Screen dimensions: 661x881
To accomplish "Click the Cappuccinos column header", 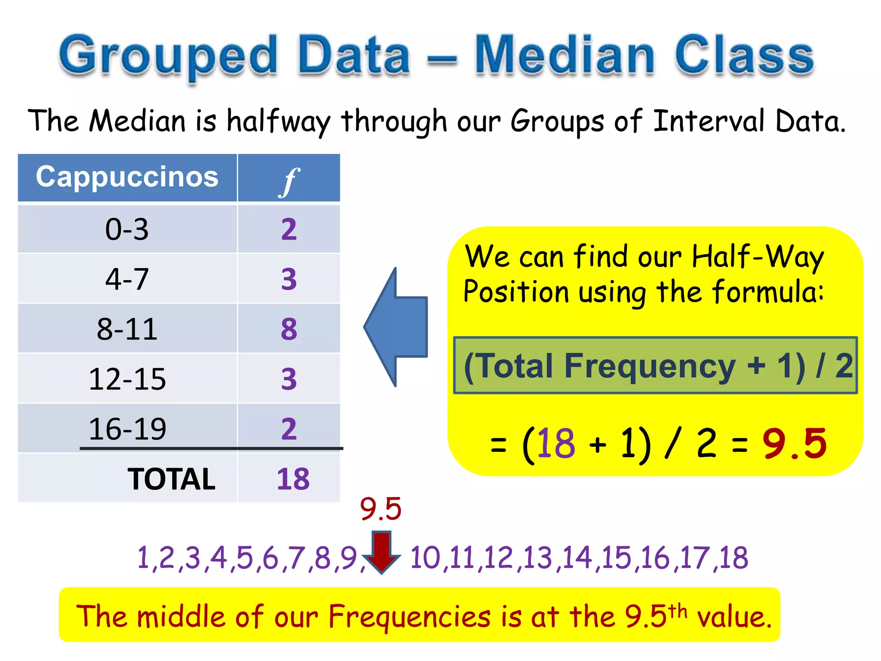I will click(127, 177).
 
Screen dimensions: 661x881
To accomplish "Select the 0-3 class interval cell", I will click(127, 229).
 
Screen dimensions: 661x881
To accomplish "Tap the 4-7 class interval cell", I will click(127, 279).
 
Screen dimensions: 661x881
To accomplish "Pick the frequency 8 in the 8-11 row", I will click(289, 329).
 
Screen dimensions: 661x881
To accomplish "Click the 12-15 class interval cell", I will click(127, 379).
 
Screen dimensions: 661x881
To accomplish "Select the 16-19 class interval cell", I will click(127, 429).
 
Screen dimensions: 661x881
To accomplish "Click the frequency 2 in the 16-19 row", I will click(289, 429).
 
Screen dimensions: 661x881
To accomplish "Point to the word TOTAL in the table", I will click(171, 479).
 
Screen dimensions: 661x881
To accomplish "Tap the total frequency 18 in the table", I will click(293, 479).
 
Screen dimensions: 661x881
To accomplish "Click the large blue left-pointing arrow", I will click(396, 327).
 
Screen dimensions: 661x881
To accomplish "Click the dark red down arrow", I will click(382, 552).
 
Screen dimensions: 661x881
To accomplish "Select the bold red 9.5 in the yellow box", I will click(795, 443).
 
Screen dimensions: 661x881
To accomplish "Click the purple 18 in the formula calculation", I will click(556, 443).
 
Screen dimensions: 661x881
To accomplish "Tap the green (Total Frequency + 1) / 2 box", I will click(656, 365).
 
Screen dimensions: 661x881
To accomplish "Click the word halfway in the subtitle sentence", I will click(278, 122).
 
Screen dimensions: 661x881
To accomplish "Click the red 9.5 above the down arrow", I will click(381, 509).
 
